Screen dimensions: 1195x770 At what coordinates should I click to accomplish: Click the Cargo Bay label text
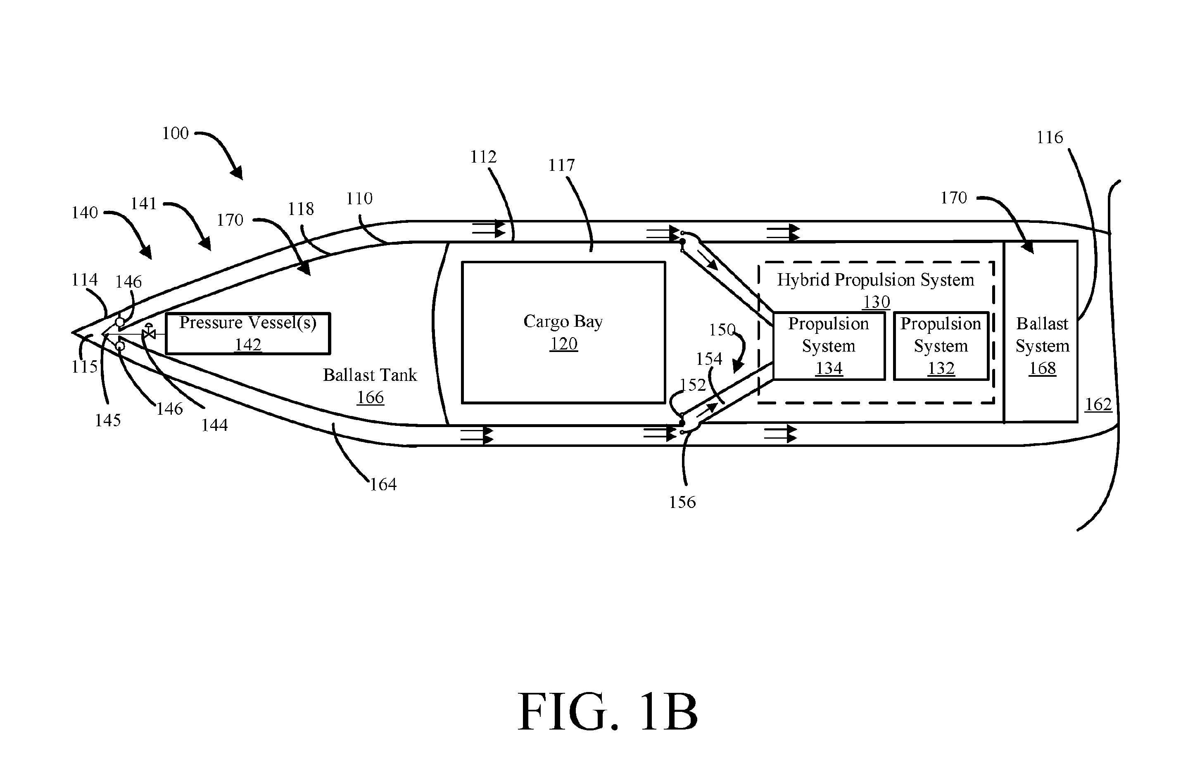click(x=563, y=322)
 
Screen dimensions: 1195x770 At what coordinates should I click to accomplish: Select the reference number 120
click(x=563, y=344)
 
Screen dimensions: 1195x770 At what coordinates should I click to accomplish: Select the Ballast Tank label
click(x=370, y=375)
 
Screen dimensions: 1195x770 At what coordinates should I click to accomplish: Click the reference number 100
click(x=175, y=133)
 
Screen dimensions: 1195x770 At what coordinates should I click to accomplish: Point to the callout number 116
click(x=1049, y=137)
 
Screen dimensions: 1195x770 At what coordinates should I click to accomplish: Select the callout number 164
click(x=383, y=484)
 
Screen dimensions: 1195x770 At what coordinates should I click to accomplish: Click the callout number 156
click(x=682, y=502)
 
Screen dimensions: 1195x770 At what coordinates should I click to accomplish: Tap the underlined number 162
click(x=1098, y=404)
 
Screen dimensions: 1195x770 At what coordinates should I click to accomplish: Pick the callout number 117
click(x=561, y=165)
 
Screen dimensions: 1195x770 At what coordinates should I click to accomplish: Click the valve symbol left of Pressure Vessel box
click(x=149, y=332)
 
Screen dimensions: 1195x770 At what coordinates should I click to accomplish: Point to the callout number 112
click(x=483, y=157)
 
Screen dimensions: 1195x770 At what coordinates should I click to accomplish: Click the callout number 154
click(x=709, y=359)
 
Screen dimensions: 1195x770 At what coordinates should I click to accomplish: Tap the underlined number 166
click(x=370, y=397)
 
